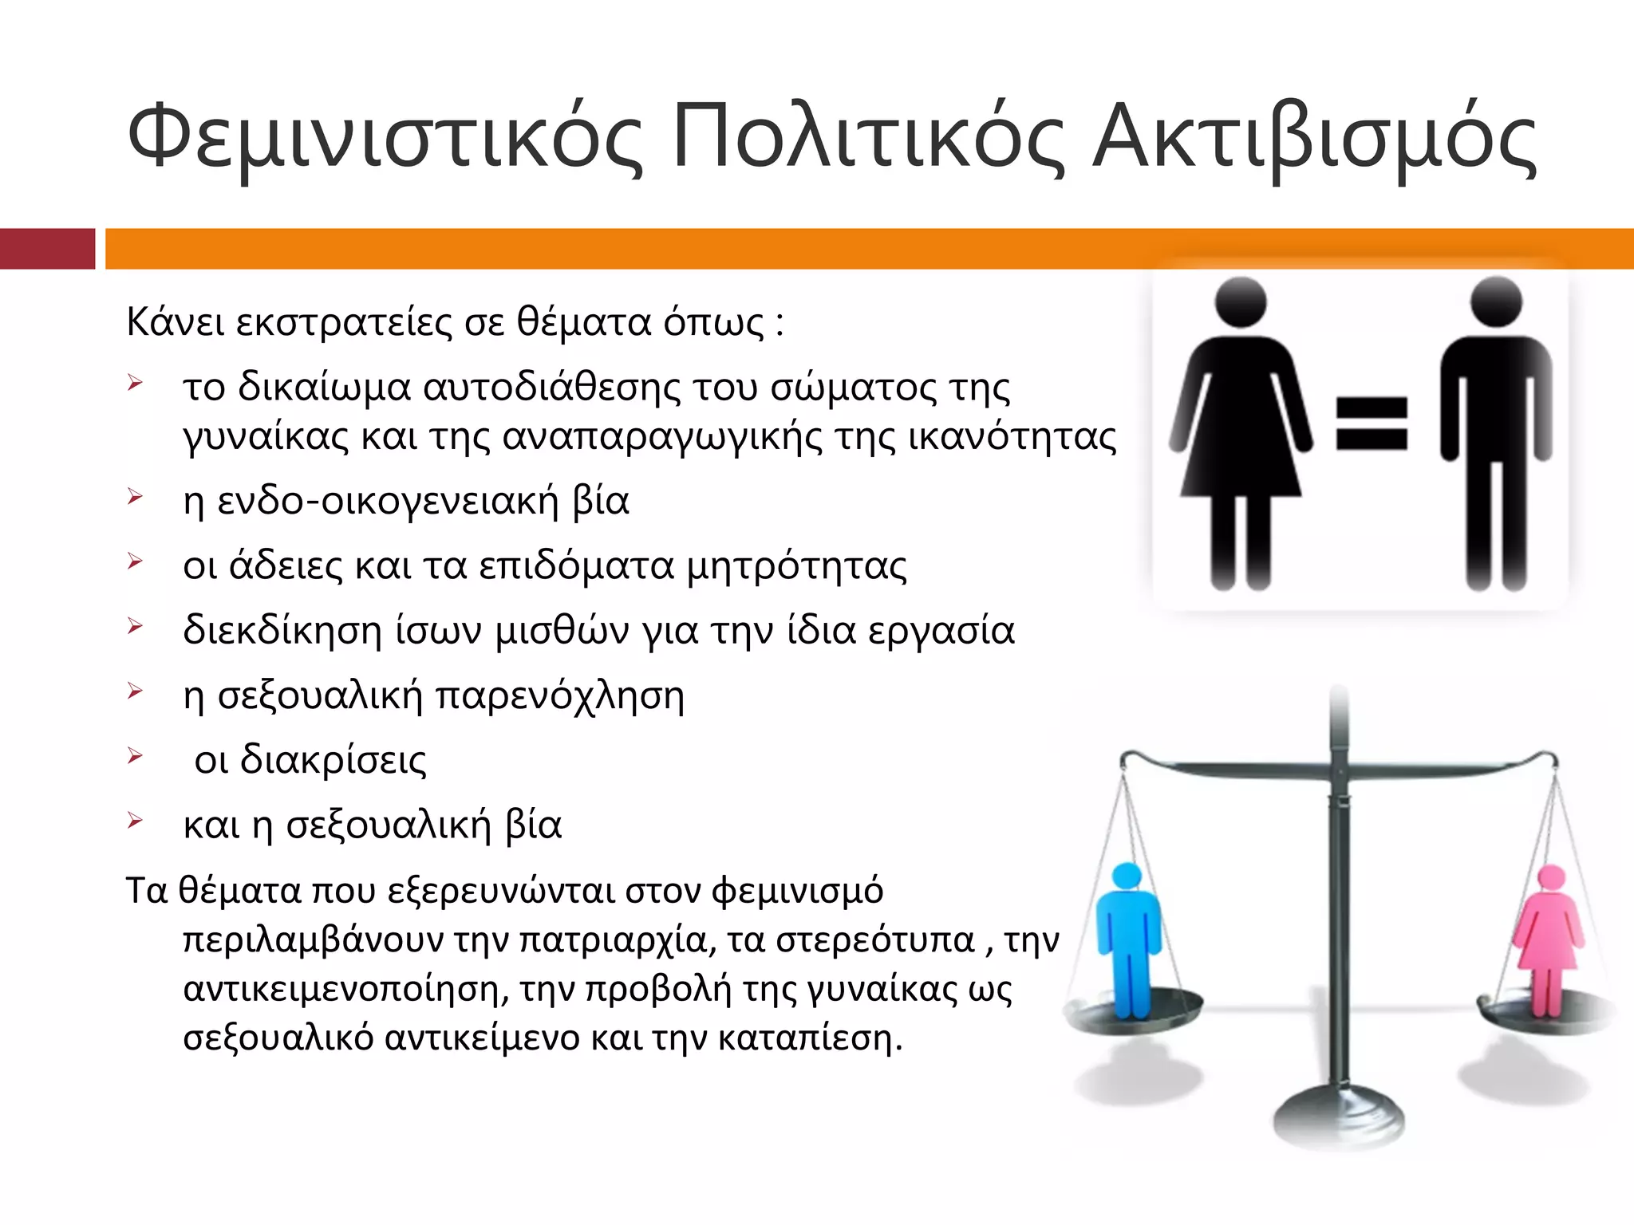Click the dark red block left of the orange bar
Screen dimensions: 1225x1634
pos(47,249)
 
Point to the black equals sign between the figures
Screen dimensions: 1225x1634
pos(1372,424)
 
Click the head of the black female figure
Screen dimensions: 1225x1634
pos(1240,303)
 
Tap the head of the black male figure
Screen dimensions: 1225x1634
pos(1496,303)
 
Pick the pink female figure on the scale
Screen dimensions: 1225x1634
pos(1549,941)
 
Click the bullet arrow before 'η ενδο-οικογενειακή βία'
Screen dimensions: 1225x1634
pos(135,498)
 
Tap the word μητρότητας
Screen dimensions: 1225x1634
pos(796,566)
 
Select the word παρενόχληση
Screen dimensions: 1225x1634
pos(559,695)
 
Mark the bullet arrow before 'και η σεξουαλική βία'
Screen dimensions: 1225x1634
pos(135,821)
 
